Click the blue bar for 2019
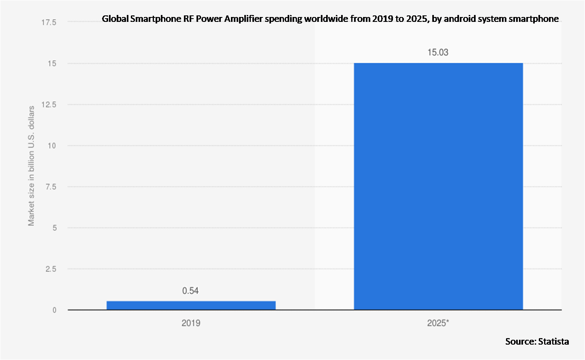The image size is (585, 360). point(191,305)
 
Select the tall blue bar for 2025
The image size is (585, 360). point(438,186)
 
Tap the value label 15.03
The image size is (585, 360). point(438,52)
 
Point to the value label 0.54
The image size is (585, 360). point(190,291)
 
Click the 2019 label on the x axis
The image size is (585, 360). point(191,324)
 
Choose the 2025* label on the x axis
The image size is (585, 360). point(438,324)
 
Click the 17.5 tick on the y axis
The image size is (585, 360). point(49,22)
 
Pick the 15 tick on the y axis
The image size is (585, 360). point(52,64)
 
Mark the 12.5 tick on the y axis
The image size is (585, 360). point(49,104)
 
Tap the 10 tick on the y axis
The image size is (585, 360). point(52,146)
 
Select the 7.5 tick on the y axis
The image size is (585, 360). point(50,187)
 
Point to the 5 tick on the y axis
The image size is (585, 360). point(53,228)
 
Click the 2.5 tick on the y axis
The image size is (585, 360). point(50,269)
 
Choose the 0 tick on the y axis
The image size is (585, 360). point(53,310)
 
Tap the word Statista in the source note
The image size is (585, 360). point(553,341)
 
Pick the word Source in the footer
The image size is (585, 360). point(520,341)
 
